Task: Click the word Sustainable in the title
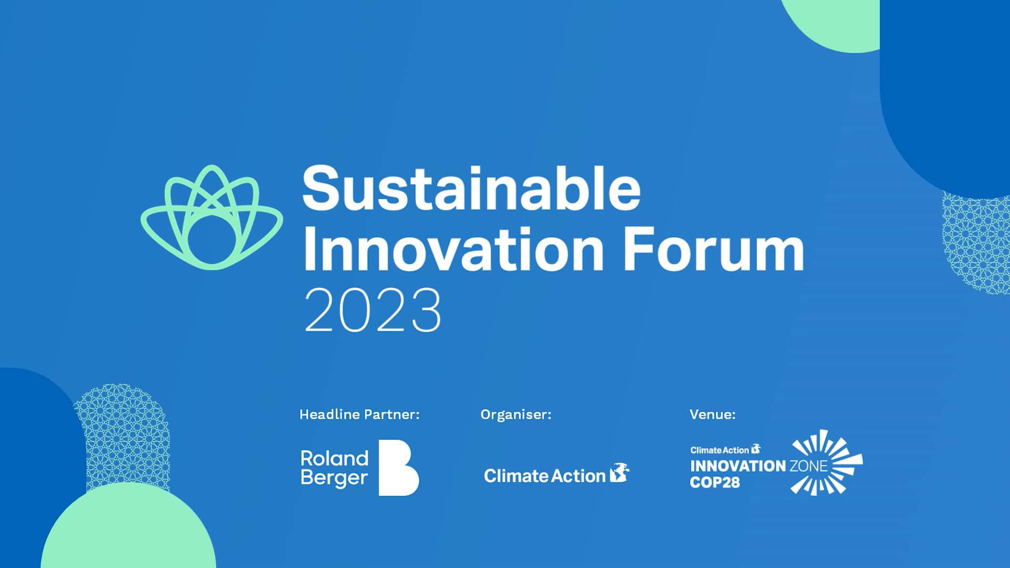(471, 188)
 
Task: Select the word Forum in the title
(714, 249)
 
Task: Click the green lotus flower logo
(211, 217)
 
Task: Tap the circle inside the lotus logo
(211, 240)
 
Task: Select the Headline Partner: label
(359, 414)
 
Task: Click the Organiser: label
(516, 414)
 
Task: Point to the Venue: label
(712, 414)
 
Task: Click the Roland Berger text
(334, 468)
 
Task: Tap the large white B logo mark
(398, 468)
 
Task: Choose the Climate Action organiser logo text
(544, 476)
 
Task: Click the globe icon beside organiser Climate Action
(620, 473)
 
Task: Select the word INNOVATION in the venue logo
(738, 466)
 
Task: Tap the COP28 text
(714, 482)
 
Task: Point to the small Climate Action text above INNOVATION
(719, 450)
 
